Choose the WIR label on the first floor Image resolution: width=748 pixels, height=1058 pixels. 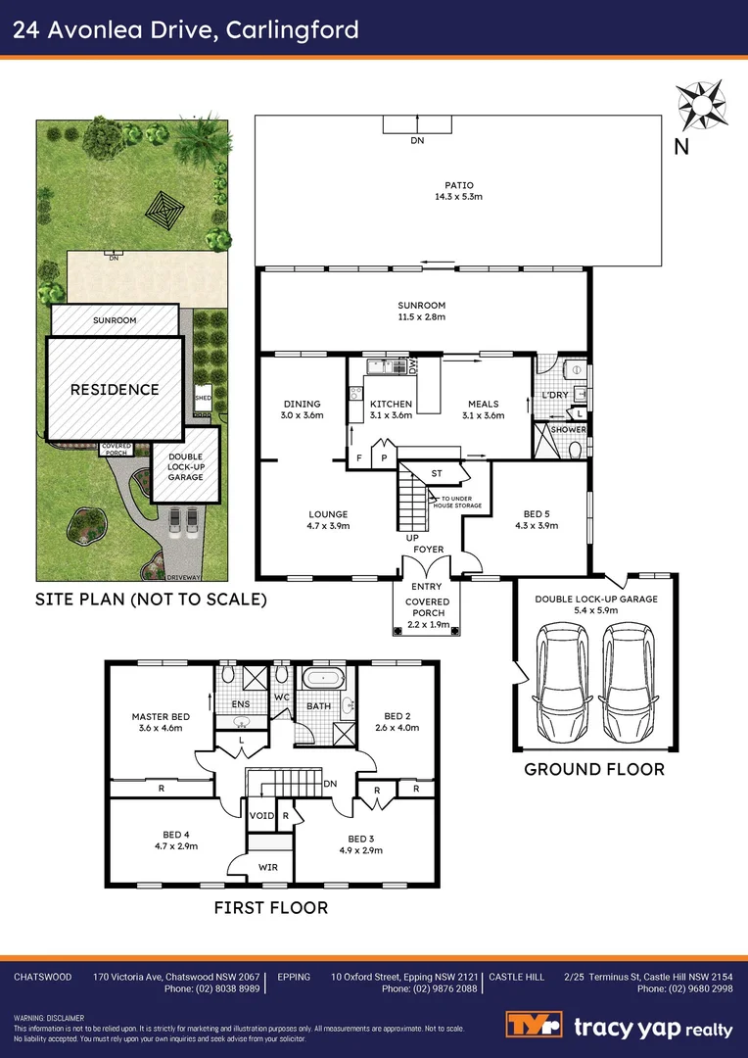(x=268, y=867)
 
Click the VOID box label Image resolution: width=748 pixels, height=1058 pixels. (x=261, y=815)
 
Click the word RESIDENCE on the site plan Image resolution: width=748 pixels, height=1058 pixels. (x=115, y=389)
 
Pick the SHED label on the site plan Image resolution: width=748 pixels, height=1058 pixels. (x=204, y=399)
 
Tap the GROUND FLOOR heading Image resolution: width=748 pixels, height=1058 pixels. (x=594, y=769)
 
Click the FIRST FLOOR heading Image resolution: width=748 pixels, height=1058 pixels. (x=271, y=908)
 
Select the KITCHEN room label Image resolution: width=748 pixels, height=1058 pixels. (x=391, y=404)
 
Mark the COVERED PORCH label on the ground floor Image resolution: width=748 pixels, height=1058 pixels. (x=427, y=608)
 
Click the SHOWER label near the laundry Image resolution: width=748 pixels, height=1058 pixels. (x=569, y=430)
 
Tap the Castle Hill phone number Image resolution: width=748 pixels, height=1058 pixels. (x=684, y=989)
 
